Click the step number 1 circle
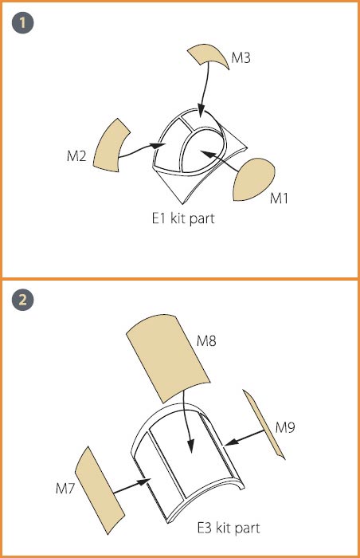[x=23, y=23]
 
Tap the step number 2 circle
[x=23, y=300]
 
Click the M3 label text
[x=241, y=57]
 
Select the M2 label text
[x=76, y=156]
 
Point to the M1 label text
[x=280, y=198]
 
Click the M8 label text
[x=206, y=341]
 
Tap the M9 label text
[x=285, y=426]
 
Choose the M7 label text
[x=65, y=488]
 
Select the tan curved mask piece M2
[x=110, y=146]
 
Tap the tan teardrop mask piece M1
[x=252, y=180]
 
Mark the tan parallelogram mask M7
[x=99, y=490]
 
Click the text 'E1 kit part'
[x=183, y=218]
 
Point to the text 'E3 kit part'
[x=229, y=528]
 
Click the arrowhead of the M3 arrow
[x=201, y=111]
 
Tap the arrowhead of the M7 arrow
[x=145, y=481]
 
